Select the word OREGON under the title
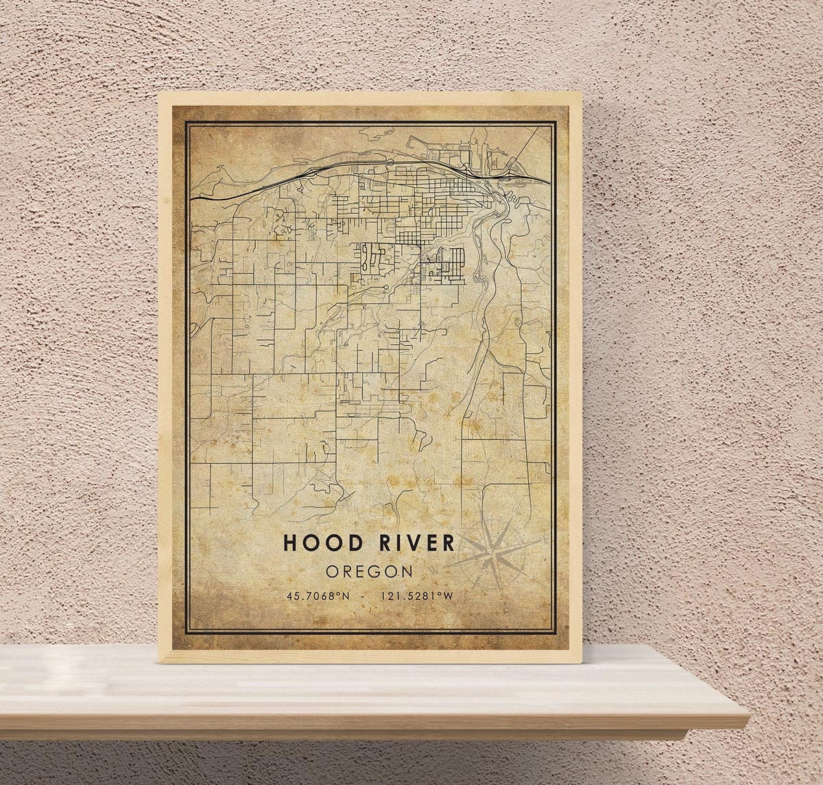(x=369, y=571)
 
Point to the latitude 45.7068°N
(x=318, y=596)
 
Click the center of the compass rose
(x=493, y=559)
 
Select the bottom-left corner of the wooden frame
(x=160, y=662)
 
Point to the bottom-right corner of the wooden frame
(x=582, y=662)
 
